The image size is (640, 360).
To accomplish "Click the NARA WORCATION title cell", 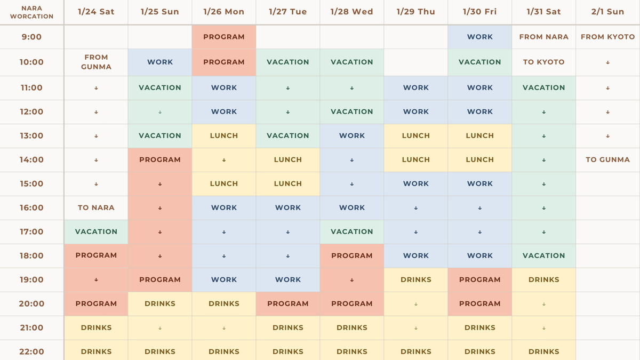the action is (x=31, y=12).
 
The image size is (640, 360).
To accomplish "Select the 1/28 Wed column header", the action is (x=351, y=12).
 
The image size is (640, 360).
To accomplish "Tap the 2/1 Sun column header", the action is (x=607, y=12).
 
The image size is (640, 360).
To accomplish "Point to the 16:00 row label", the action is (x=31, y=207).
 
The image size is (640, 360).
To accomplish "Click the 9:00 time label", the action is (x=31, y=37).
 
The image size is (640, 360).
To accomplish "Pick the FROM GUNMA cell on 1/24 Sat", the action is (x=97, y=62).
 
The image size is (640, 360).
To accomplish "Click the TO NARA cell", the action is (x=97, y=207).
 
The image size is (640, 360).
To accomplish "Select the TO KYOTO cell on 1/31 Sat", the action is (x=543, y=62).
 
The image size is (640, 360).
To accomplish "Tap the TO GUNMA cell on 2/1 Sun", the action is (x=607, y=159).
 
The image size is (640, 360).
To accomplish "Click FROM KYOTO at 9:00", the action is (x=607, y=37).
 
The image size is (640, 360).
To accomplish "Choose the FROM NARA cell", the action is (x=543, y=37).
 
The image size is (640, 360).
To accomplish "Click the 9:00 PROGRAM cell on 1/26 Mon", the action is (x=224, y=37).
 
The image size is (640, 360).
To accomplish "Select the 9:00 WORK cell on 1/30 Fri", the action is (x=480, y=37).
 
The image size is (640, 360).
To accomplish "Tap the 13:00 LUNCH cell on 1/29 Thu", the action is (x=416, y=135).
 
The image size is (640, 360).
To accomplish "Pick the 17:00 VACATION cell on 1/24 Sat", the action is (x=97, y=231).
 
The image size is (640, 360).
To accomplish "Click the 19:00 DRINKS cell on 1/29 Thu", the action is (x=416, y=279).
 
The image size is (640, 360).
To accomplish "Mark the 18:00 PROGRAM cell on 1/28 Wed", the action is (x=352, y=255).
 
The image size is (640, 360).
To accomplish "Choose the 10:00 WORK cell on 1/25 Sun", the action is (x=160, y=62).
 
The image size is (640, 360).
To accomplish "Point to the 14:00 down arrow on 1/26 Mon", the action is (x=224, y=160).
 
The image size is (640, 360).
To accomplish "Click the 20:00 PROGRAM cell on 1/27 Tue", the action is (x=288, y=303).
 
